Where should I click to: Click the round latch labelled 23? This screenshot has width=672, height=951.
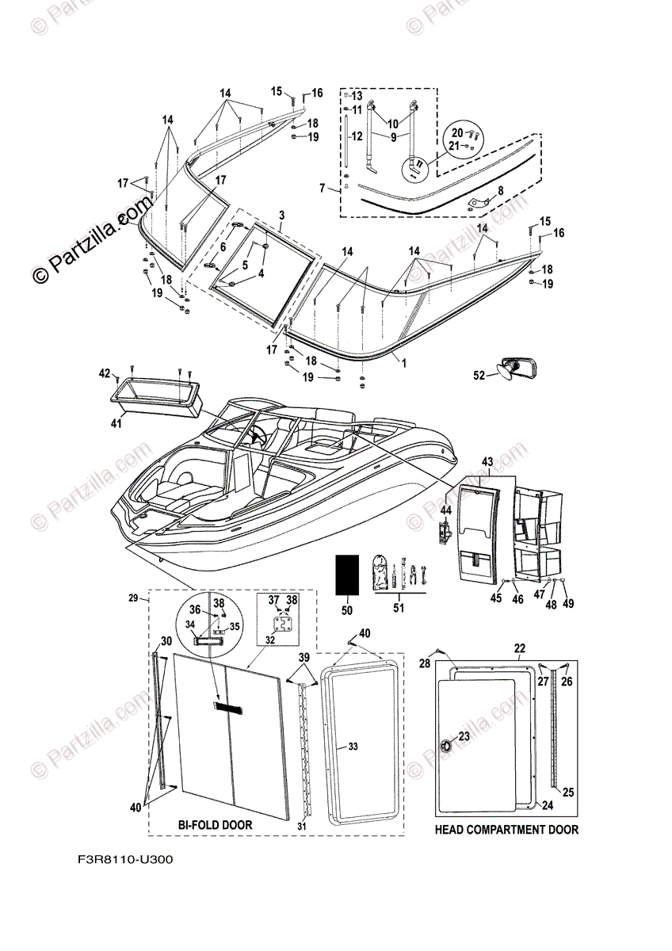coord(445,745)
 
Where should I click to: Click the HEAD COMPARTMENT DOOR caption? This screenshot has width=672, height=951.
coord(506,830)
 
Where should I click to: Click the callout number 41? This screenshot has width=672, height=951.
coord(117,425)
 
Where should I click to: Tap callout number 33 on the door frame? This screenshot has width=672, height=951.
coord(353,747)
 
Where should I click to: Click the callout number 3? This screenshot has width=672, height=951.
coord(281,216)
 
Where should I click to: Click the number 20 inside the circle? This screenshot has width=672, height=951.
coord(456,132)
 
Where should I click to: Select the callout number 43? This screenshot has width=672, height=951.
coord(487,460)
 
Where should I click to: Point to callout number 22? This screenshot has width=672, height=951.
coord(519,647)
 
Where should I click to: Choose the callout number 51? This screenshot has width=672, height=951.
coord(398,609)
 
